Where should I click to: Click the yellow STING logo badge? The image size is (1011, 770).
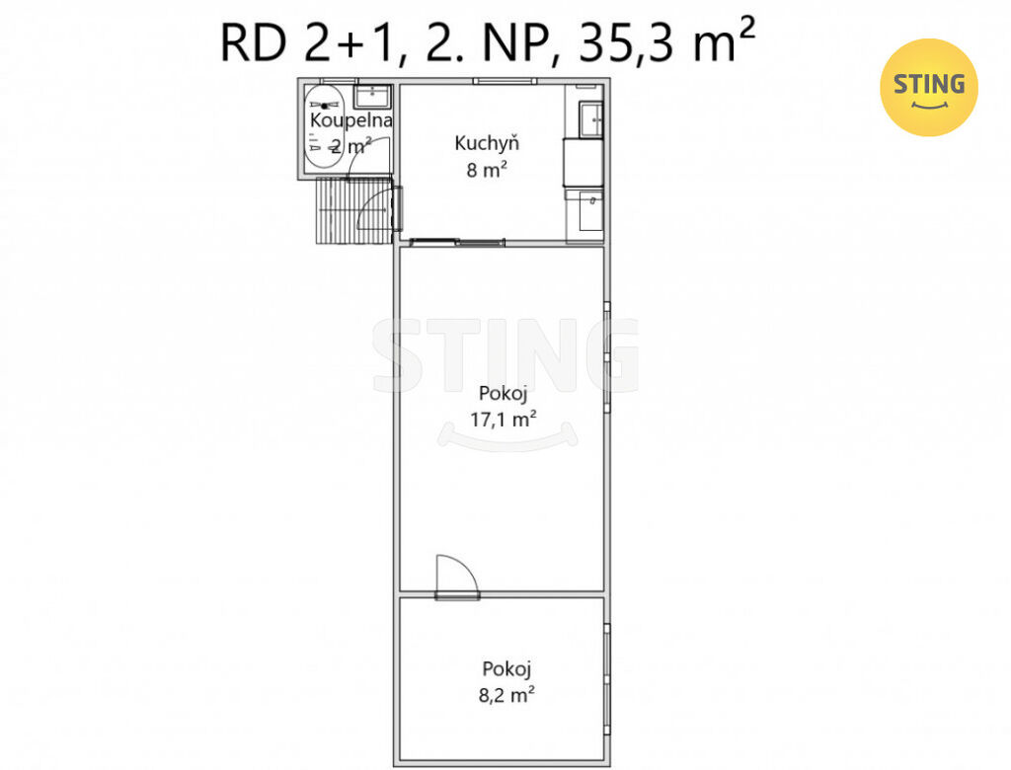point(928,87)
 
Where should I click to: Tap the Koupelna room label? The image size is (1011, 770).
point(350,120)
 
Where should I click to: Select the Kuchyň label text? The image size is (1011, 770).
point(486,142)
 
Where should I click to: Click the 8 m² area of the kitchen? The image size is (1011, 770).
point(486,170)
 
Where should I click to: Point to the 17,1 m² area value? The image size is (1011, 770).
point(503,420)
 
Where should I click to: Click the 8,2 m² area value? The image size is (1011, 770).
point(506,695)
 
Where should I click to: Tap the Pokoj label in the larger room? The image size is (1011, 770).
point(503,393)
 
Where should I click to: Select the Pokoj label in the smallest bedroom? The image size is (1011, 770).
point(506,668)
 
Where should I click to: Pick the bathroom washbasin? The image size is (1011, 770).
point(372,96)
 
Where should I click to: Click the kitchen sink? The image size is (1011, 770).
point(590,119)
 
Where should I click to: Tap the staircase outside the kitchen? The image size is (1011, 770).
point(354,211)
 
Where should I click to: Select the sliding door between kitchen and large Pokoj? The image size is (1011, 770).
point(457,243)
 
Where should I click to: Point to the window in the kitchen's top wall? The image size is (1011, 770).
point(505,81)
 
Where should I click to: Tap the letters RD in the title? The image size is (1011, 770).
point(253,43)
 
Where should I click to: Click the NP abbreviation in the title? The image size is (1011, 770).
point(514,43)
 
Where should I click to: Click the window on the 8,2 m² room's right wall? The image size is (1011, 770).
point(607,678)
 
